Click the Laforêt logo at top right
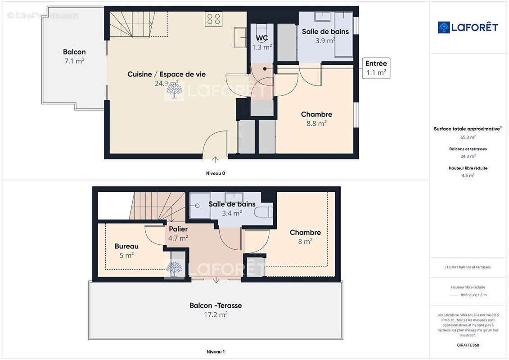click(x=468, y=27)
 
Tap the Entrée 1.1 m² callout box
click(x=376, y=68)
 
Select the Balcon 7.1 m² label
click(x=74, y=56)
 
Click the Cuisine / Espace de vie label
click(x=167, y=75)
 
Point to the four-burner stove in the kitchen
click(x=213, y=19)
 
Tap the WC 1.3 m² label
click(x=262, y=42)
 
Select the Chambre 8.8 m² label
click(x=316, y=119)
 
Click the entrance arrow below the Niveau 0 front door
click(x=215, y=159)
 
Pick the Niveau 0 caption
click(x=215, y=173)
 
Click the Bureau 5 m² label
click(x=126, y=251)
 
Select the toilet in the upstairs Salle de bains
click(x=263, y=212)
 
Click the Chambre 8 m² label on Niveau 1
click(x=305, y=237)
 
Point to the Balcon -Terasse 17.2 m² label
click(x=216, y=310)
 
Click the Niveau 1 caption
click(x=215, y=351)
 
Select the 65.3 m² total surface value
click(x=468, y=137)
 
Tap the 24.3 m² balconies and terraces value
click(x=468, y=157)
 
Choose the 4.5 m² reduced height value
click(x=468, y=175)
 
